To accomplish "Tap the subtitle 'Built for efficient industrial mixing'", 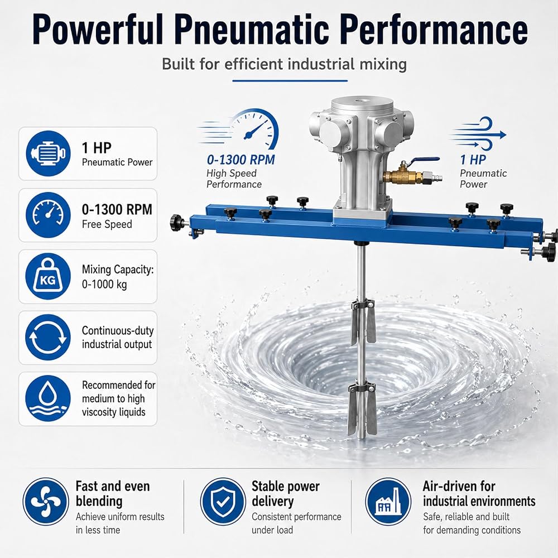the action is (x=285, y=64).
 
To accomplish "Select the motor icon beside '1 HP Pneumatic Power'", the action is (x=48, y=153).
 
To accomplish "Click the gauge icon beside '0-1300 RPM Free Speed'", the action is (x=48, y=215).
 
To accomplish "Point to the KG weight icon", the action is (x=48, y=276).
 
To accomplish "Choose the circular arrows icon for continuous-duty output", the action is (x=48, y=338).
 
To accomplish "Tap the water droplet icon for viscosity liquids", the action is (x=48, y=398).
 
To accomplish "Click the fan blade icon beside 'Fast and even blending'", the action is (x=46, y=502).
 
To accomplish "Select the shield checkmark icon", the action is (x=223, y=502).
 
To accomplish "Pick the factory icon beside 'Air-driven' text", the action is (x=388, y=502).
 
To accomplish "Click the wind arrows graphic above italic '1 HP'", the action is (x=478, y=134).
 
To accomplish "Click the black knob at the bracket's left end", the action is (x=177, y=223).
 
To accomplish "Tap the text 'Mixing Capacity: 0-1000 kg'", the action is (x=118, y=277).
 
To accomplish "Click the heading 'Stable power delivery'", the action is (x=285, y=494).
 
